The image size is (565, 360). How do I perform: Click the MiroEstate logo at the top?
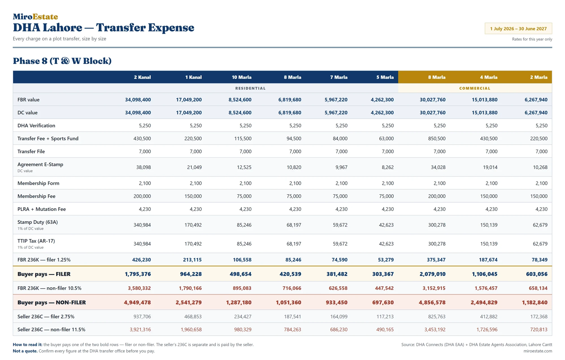click(x=35, y=17)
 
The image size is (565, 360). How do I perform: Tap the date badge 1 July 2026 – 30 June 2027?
click(x=518, y=29)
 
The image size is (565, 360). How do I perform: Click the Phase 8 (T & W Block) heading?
click(x=62, y=61)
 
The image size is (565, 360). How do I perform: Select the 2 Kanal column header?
click(x=142, y=77)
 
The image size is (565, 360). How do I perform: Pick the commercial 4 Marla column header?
click(x=489, y=77)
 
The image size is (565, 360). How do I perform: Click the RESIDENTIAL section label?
click(x=250, y=88)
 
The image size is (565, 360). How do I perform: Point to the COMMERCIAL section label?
click(x=475, y=88)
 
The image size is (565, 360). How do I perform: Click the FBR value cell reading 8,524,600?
click(x=240, y=99)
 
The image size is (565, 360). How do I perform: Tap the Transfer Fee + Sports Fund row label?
click(x=48, y=138)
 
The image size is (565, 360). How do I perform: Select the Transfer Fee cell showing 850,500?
click(x=437, y=138)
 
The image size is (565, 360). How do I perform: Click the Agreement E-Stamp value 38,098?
click(x=144, y=167)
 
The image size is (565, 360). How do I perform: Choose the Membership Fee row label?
click(x=36, y=196)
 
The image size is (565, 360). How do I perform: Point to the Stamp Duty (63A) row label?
click(x=38, y=222)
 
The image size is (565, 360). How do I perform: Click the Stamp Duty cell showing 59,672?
click(x=340, y=225)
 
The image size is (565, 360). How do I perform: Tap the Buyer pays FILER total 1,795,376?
click(x=138, y=274)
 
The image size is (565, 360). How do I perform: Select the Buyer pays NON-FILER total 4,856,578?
click(x=432, y=302)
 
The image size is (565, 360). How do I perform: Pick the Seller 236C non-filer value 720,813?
click(x=539, y=329)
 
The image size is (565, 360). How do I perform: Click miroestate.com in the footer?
click(x=538, y=351)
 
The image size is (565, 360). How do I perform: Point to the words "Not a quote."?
click(x=25, y=351)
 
